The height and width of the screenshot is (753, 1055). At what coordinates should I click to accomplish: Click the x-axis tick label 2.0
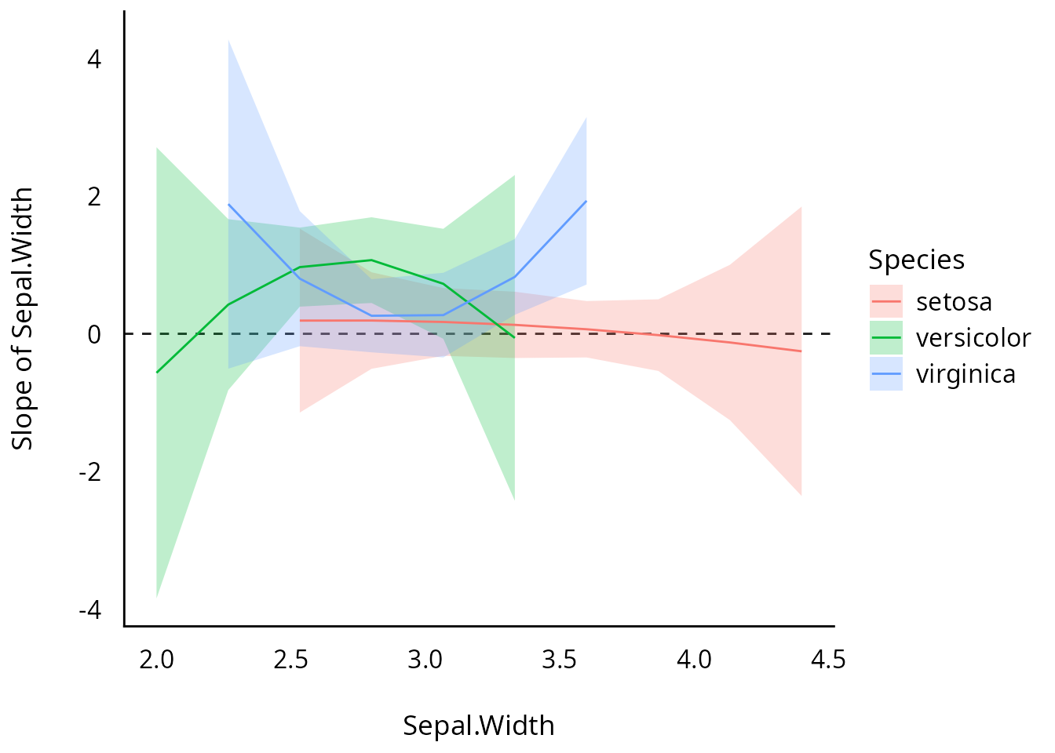click(x=156, y=660)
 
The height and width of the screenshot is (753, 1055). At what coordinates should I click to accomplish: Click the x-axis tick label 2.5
click(x=290, y=660)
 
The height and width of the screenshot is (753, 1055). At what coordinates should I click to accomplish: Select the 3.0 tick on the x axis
click(x=425, y=660)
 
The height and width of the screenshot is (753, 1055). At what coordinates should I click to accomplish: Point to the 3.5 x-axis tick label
click(x=559, y=660)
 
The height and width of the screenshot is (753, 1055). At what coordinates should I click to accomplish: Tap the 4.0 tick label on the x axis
click(x=694, y=660)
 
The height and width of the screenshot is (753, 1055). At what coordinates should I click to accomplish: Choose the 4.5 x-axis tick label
click(x=828, y=660)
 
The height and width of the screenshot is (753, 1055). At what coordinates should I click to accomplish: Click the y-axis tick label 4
click(x=94, y=59)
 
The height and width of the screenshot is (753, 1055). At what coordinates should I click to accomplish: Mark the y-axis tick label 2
click(x=94, y=197)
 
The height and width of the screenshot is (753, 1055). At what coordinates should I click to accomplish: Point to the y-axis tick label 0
click(x=94, y=335)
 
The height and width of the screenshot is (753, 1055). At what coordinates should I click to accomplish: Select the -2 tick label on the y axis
click(x=89, y=473)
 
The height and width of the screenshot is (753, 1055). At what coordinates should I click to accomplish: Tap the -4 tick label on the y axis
click(x=89, y=610)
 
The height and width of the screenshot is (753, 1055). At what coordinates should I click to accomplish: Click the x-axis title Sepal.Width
click(x=479, y=726)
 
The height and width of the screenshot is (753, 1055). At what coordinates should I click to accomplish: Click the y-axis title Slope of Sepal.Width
click(x=23, y=318)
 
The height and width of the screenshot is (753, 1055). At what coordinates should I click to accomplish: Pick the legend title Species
click(x=916, y=260)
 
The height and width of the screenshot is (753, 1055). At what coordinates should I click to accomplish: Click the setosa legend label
click(x=954, y=302)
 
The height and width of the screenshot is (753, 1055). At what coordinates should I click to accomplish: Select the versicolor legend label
click(x=973, y=338)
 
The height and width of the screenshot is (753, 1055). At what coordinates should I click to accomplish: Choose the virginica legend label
click(x=966, y=374)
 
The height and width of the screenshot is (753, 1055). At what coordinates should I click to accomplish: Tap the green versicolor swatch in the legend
click(x=886, y=338)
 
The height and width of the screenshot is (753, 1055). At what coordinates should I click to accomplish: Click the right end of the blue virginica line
click(x=586, y=201)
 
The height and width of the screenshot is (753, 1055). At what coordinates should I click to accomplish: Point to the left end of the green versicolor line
click(x=157, y=372)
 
